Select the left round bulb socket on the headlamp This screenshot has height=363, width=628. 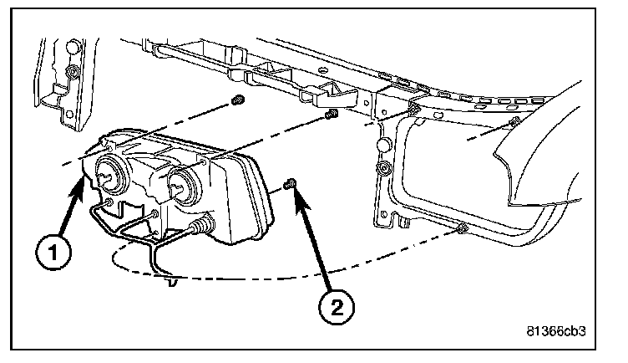click(x=109, y=175)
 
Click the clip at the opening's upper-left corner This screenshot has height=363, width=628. click(x=414, y=110)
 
